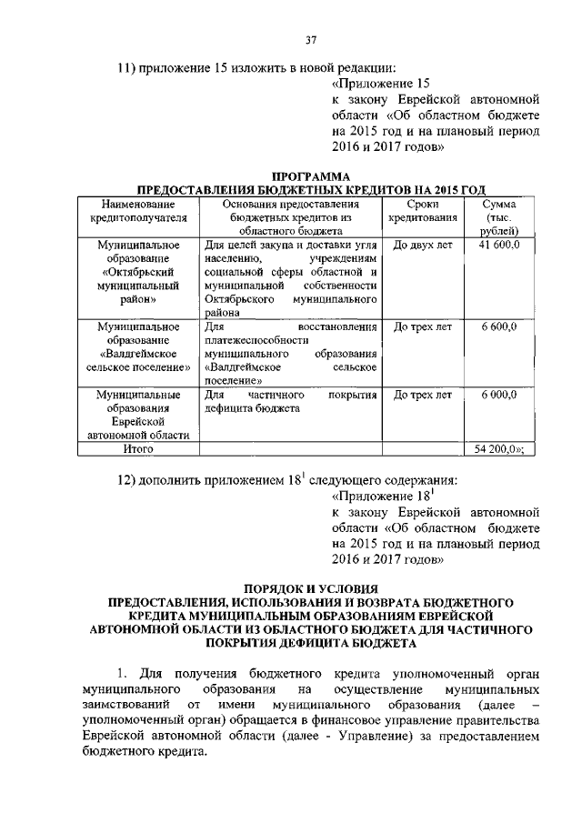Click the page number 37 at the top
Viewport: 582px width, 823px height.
click(310, 38)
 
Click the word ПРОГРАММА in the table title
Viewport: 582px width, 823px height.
click(311, 176)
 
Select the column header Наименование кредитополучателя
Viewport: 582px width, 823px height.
click(137, 211)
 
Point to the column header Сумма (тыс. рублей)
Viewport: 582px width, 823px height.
click(500, 218)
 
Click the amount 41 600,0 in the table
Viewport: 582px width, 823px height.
click(500, 246)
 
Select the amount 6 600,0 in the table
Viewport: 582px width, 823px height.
click(500, 326)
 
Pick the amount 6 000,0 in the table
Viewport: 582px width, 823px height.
click(500, 395)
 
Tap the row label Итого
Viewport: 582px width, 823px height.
click(137, 448)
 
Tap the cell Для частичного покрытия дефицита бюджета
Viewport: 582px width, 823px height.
click(290, 402)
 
